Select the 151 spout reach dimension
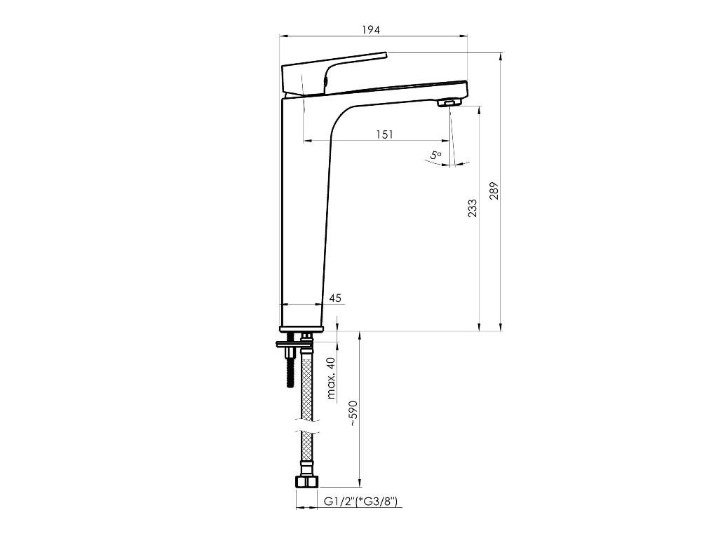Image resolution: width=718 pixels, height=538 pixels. (x=384, y=134)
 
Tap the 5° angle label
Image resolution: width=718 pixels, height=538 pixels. (x=436, y=155)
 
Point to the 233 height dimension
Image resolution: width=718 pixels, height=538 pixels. (x=473, y=208)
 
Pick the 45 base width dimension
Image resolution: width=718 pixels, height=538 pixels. (x=334, y=298)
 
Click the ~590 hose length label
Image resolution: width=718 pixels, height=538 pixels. (x=353, y=413)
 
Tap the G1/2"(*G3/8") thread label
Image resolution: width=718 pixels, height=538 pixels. (x=360, y=502)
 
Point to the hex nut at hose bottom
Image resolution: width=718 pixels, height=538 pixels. (x=306, y=482)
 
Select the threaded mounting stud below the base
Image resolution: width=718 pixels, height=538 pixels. (x=289, y=367)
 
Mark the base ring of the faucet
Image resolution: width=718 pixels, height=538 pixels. (x=302, y=329)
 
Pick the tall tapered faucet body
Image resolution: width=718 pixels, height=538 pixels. (x=303, y=210)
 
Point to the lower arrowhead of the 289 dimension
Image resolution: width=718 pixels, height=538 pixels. (x=501, y=326)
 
